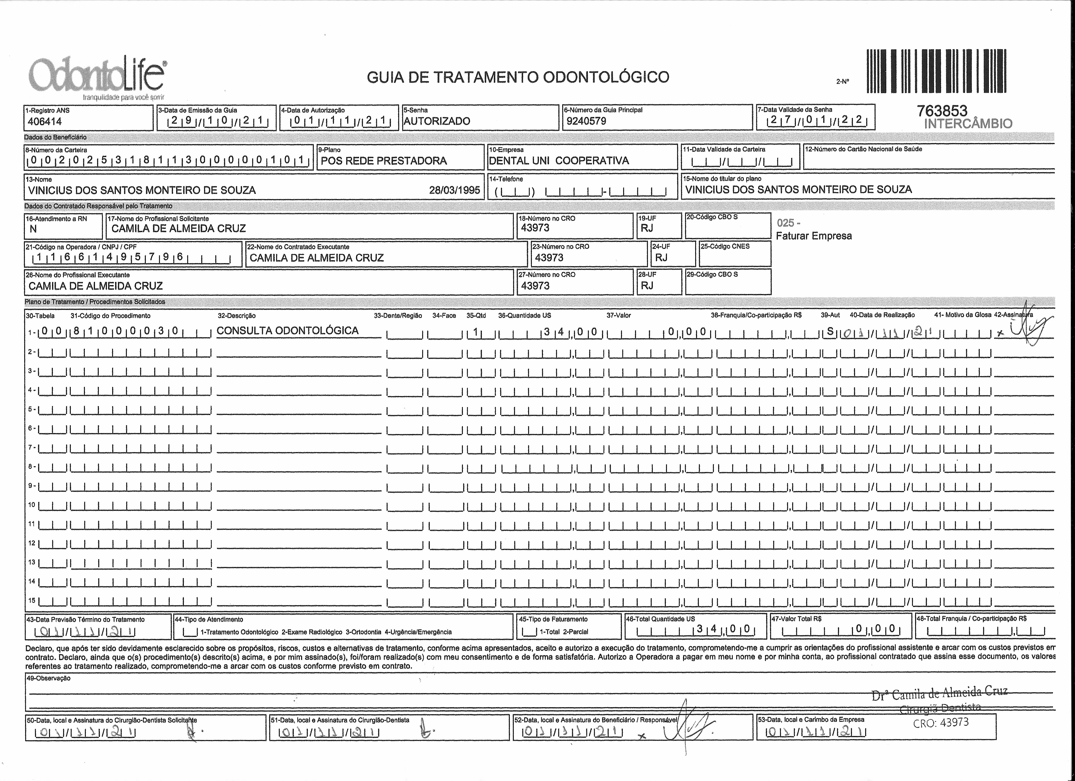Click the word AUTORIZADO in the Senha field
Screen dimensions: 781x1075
pos(437,121)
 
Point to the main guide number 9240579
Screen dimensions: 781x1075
pos(586,121)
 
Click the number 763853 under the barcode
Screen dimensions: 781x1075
pos(942,111)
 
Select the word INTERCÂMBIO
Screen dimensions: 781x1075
pos(968,124)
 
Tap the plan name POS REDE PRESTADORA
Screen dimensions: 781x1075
pos(384,161)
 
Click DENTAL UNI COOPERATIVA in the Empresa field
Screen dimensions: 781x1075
pos(559,161)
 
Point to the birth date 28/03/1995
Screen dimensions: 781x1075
pos(454,190)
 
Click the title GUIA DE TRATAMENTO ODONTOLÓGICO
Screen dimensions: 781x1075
pos(518,77)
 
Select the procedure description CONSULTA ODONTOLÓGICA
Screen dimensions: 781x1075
pos(287,330)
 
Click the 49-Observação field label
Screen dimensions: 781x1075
pos(48,678)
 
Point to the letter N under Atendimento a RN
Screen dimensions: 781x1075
pos(33,229)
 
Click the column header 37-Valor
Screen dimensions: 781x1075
pos(619,315)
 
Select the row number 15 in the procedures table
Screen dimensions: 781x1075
pos(32,600)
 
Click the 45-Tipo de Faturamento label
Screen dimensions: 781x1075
pos(553,619)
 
